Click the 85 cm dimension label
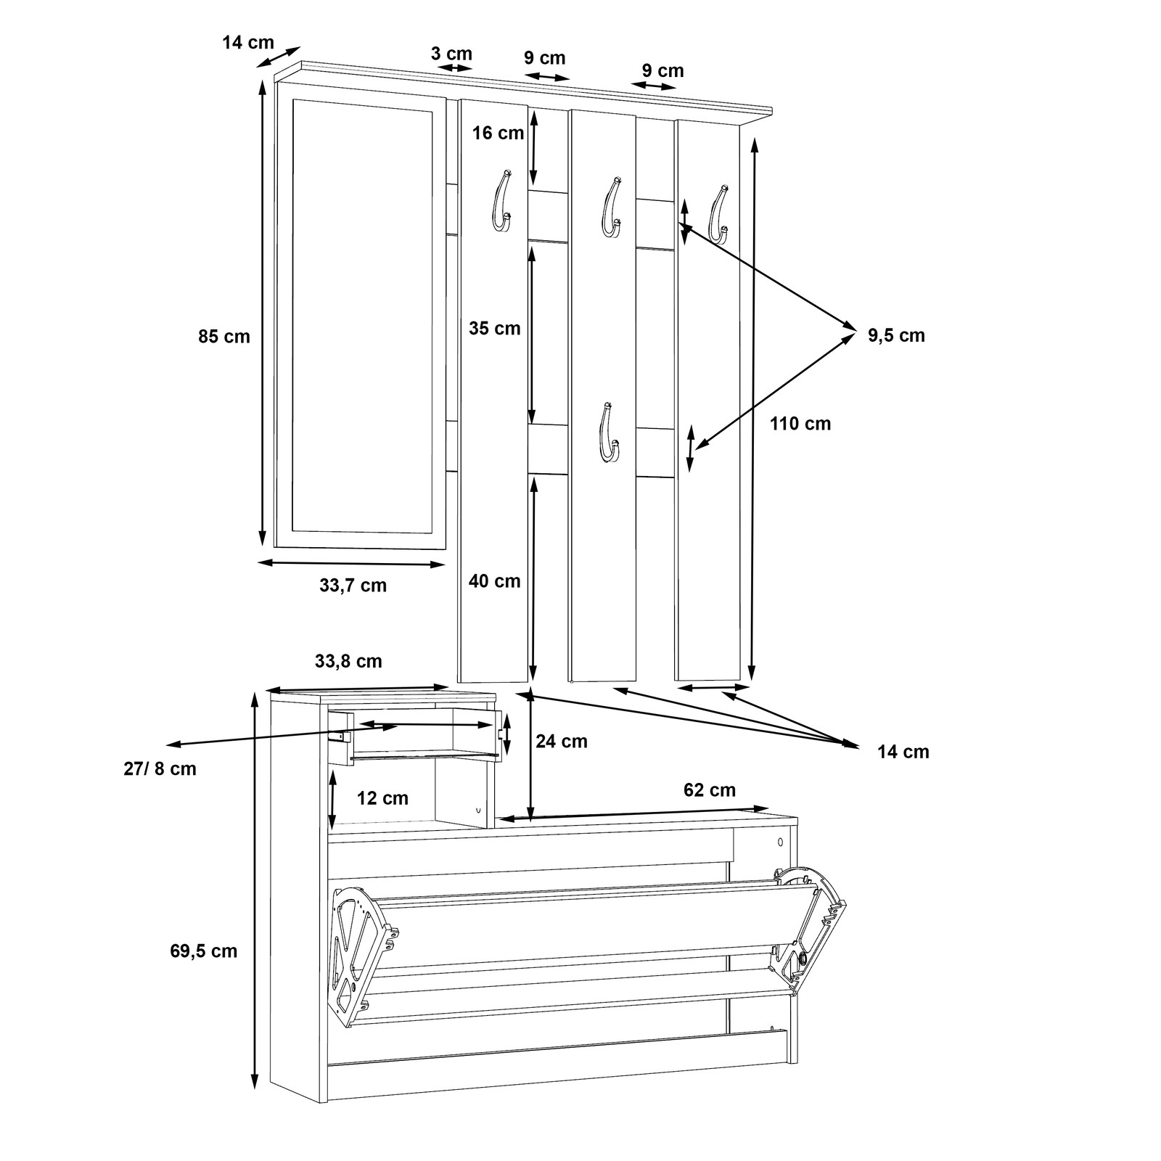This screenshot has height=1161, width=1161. coord(223,337)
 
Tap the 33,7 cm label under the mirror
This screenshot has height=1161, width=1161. coord(353,586)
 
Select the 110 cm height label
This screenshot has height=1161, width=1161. coord(800,423)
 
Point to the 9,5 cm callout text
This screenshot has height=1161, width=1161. coord(896,335)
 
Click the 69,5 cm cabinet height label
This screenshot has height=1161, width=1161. coord(204,951)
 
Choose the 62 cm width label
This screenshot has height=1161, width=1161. coord(709,789)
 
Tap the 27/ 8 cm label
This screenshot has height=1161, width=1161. coord(160,768)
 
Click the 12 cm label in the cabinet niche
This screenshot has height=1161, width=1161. coord(382,798)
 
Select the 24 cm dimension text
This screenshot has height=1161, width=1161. coord(562,741)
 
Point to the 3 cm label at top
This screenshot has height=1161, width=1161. coord(451,54)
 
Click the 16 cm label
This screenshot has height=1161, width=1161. coord(498,133)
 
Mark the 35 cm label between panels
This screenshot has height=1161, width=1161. coord(495,328)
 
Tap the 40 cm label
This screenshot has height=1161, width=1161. coord(495,580)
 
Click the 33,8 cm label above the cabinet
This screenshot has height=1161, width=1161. coord(348,661)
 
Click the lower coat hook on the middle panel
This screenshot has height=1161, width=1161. coord(607,432)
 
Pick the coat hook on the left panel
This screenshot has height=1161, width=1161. coord(501,200)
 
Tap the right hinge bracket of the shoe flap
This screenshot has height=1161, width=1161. coord(813,927)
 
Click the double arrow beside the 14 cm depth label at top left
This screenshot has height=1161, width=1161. coord(278,57)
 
